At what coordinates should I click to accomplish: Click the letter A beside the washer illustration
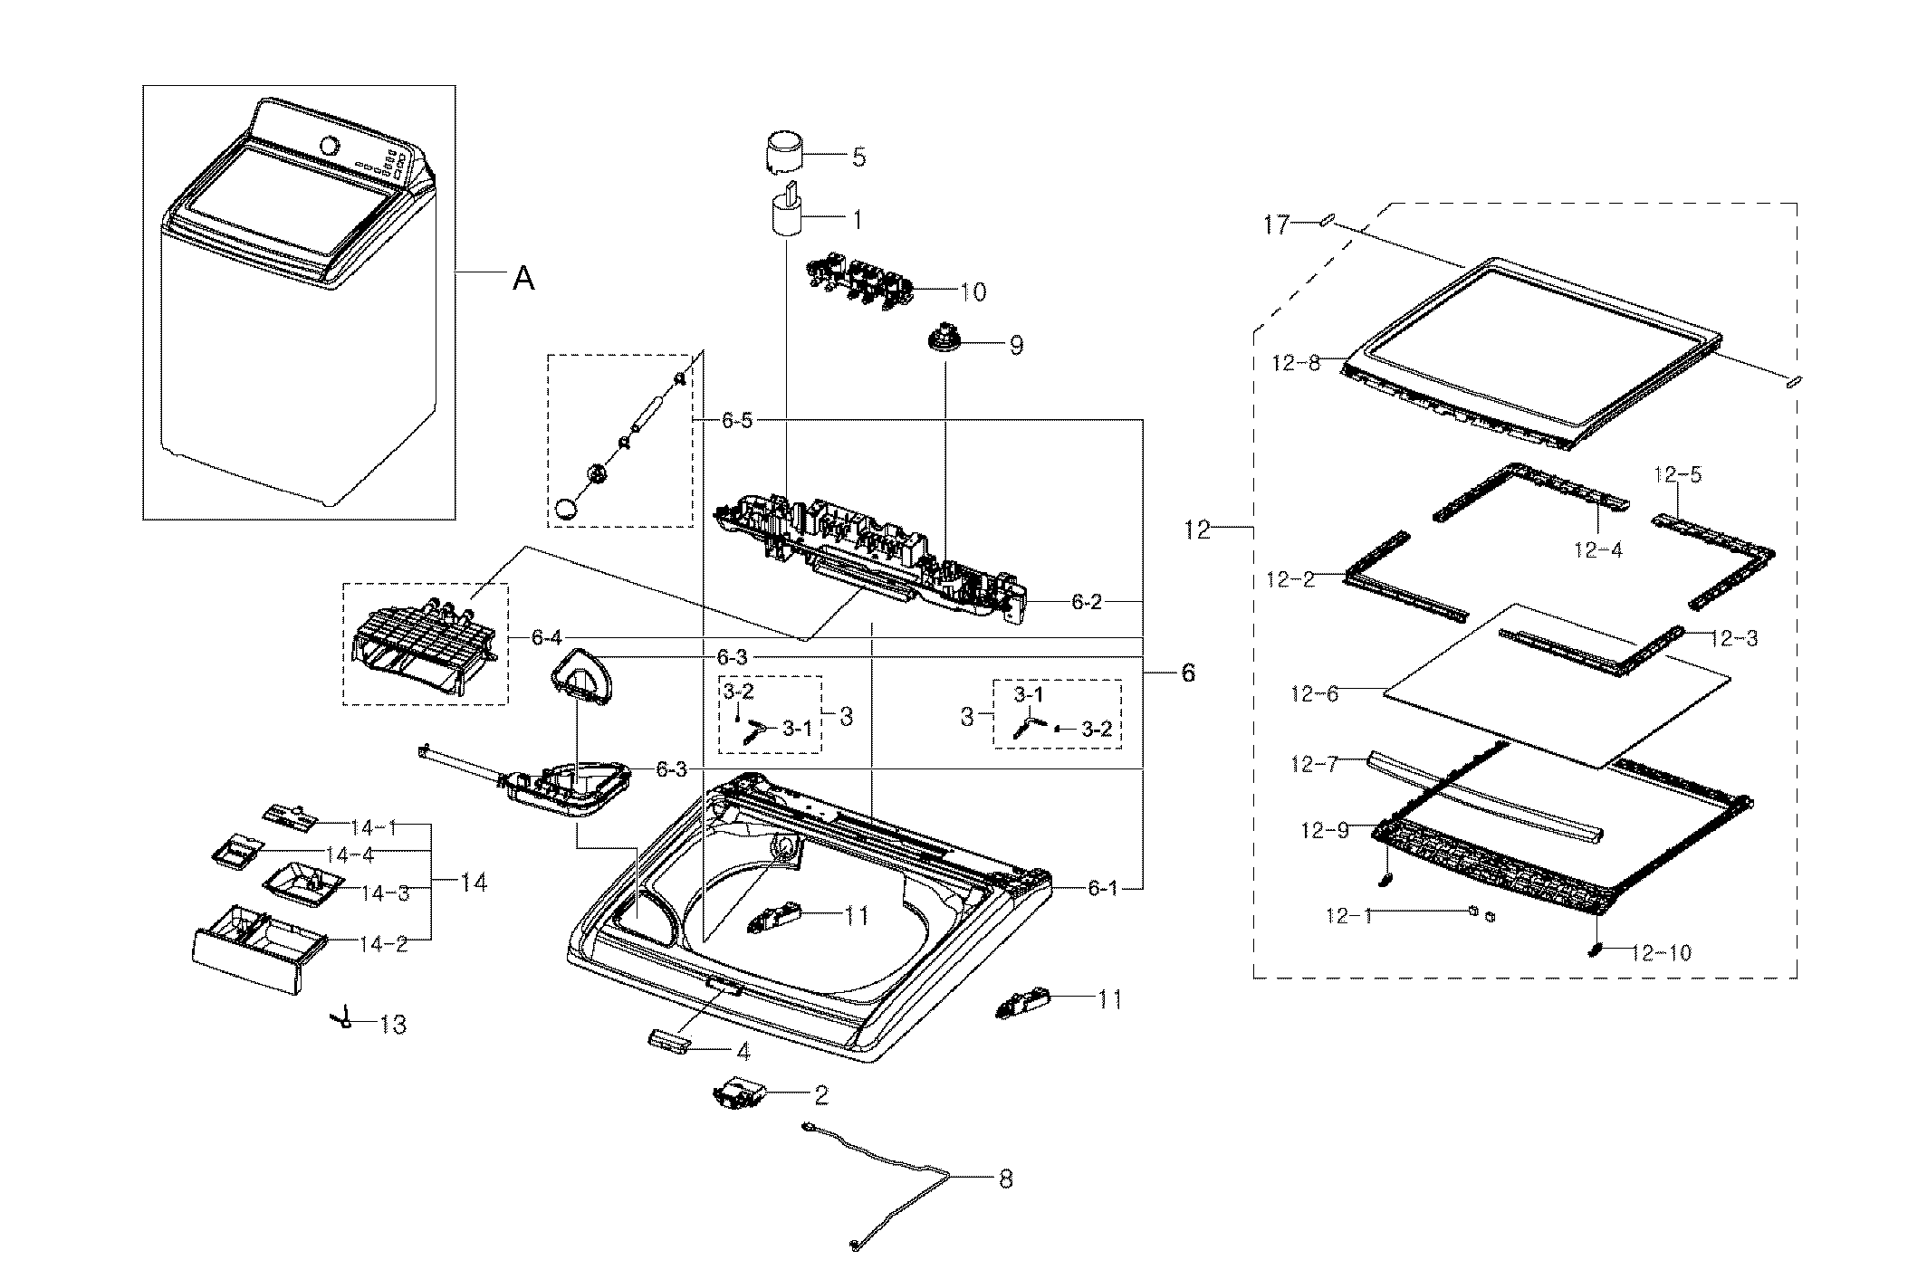coord(523,280)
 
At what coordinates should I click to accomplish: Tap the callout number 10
coord(973,292)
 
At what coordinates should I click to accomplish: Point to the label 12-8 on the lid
coord(1296,364)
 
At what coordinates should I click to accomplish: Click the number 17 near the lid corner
coord(1276,225)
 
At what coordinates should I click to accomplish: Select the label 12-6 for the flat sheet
coord(1315,694)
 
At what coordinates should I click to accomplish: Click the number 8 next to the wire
coord(1005,1179)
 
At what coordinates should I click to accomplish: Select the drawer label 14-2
coord(384,944)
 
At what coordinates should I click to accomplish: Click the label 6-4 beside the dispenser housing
coord(547,638)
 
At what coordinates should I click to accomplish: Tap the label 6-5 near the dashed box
coord(737,422)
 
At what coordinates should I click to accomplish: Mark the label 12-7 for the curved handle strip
coord(1314,765)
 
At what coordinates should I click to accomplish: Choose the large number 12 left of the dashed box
coord(1197,530)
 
